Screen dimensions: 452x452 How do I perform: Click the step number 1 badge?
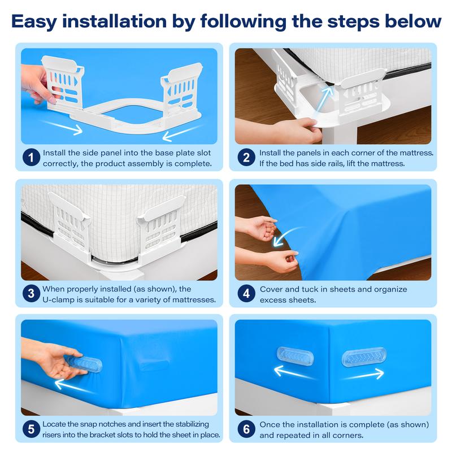point(31,158)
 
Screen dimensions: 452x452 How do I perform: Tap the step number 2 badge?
point(246,158)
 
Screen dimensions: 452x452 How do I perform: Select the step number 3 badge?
point(31,294)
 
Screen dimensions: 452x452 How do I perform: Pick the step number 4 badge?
point(246,294)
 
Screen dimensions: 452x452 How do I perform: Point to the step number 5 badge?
point(31,429)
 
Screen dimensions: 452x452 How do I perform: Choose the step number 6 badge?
point(246,429)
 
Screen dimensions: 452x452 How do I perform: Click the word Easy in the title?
point(34,22)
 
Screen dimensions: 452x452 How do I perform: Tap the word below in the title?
point(413,21)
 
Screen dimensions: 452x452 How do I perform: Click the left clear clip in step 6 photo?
point(294,357)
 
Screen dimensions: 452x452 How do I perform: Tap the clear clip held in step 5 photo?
point(84,364)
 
